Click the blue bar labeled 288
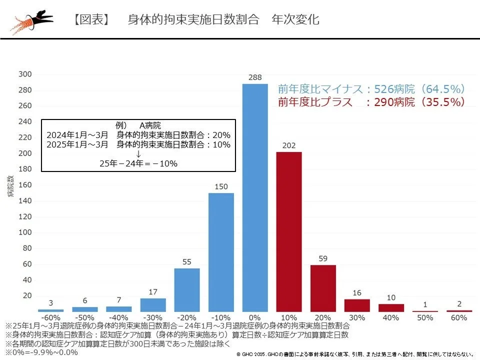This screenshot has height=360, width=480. [x=255, y=198]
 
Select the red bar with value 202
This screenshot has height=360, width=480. [x=289, y=232]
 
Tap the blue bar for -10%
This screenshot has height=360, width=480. [x=221, y=252]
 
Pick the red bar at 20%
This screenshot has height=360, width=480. [x=323, y=288]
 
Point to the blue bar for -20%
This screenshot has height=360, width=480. [x=187, y=290]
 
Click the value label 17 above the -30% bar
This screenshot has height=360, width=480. [x=153, y=291]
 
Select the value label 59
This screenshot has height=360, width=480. [x=323, y=258]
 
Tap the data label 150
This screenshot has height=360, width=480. [x=221, y=186]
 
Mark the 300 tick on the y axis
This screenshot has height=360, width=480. [x=25, y=74]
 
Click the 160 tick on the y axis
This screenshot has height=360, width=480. [x=25, y=185]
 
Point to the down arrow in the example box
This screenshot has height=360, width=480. [x=138, y=154]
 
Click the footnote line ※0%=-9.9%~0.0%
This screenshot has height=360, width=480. [x=42, y=352]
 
